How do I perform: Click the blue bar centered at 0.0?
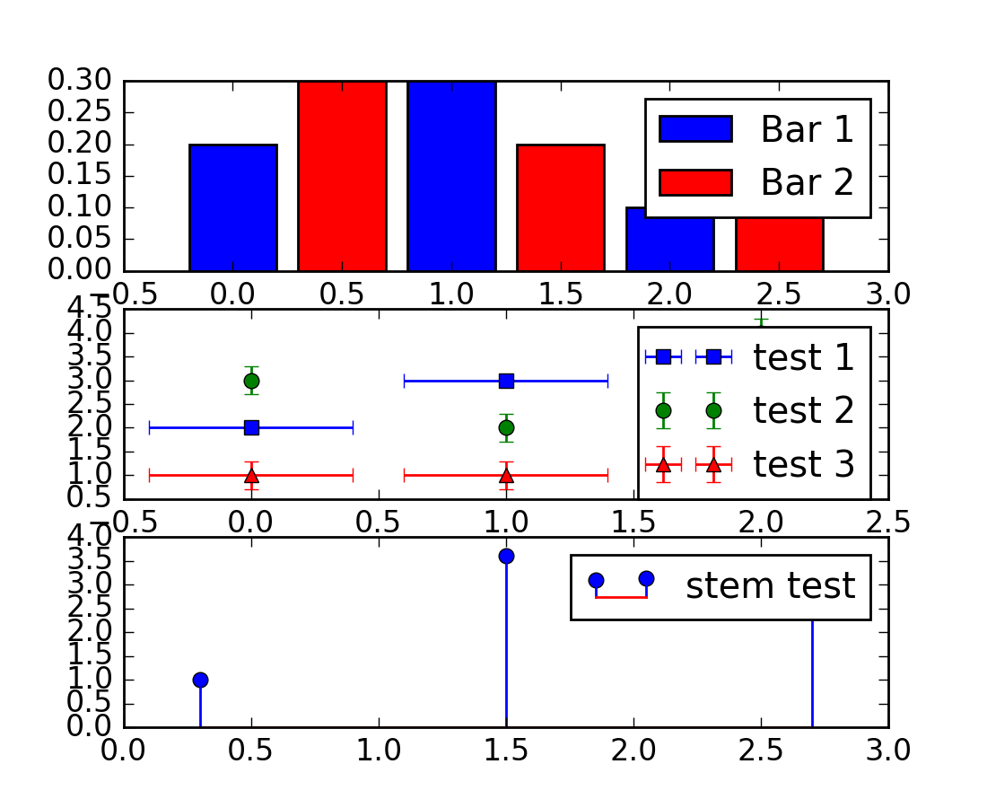[232, 207]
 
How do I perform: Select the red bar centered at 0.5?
[342, 176]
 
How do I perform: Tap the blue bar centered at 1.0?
[451, 176]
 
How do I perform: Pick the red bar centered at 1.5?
[561, 207]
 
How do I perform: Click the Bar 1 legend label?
[804, 131]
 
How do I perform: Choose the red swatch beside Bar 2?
[696, 182]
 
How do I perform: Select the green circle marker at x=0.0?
[251, 381]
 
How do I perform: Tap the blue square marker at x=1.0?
[506, 381]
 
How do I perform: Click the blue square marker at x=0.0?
[251, 427]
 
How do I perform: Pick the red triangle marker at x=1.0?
[506, 475]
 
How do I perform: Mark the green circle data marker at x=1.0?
[506, 427]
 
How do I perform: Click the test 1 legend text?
[803, 357]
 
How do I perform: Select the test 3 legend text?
[803, 464]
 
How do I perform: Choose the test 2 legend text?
[803, 411]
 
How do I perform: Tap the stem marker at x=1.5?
[506, 556]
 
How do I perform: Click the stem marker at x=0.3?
[200, 680]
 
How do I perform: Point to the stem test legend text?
[770, 586]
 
